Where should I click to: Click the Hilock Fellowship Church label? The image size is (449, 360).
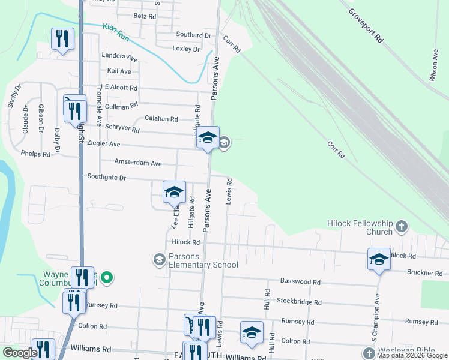coord(359,227)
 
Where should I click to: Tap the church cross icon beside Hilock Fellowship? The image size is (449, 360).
coord(402,227)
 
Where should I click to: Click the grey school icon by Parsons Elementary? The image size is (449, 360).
coord(159,259)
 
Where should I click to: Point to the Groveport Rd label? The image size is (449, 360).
coord(366,25)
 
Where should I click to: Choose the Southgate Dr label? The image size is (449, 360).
coord(106,178)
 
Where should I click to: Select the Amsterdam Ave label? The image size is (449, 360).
coord(138,163)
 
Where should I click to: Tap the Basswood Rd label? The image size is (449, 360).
coord(304,281)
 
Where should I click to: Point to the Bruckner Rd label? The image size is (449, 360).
coord(424,272)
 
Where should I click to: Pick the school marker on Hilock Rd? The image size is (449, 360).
coord(379,259)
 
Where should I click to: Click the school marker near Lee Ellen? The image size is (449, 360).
coord(174,192)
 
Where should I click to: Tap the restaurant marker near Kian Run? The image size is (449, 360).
coord(63,39)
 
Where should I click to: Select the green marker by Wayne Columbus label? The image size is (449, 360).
coord(107,277)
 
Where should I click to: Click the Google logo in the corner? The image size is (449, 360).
coord(19,353)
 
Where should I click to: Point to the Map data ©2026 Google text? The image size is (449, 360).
coord(411,355)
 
